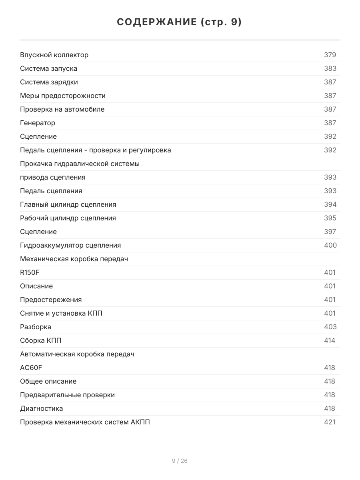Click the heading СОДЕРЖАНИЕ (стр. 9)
(x=180, y=22)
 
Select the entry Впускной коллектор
(x=54, y=55)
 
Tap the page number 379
(x=330, y=55)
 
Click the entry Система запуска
(x=49, y=68)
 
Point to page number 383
(x=330, y=68)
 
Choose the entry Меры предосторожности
(x=63, y=96)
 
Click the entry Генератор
(x=38, y=123)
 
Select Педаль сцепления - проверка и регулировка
(x=96, y=150)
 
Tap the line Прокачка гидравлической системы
(x=80, y=164)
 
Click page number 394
(x=330, y=204)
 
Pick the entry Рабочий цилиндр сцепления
(x=68, y=218)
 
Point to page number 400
(x=330, y=245)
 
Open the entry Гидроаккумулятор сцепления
(x=70, y=245)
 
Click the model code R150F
(x=30, y=272)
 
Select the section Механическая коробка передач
(x=74, y=259)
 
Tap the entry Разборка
(x=36, y=327)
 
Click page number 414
(x=330, y=340)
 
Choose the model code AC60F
(x=31, y=368)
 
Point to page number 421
(x=330, y=422)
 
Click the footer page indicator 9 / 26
(x=180, y=461)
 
